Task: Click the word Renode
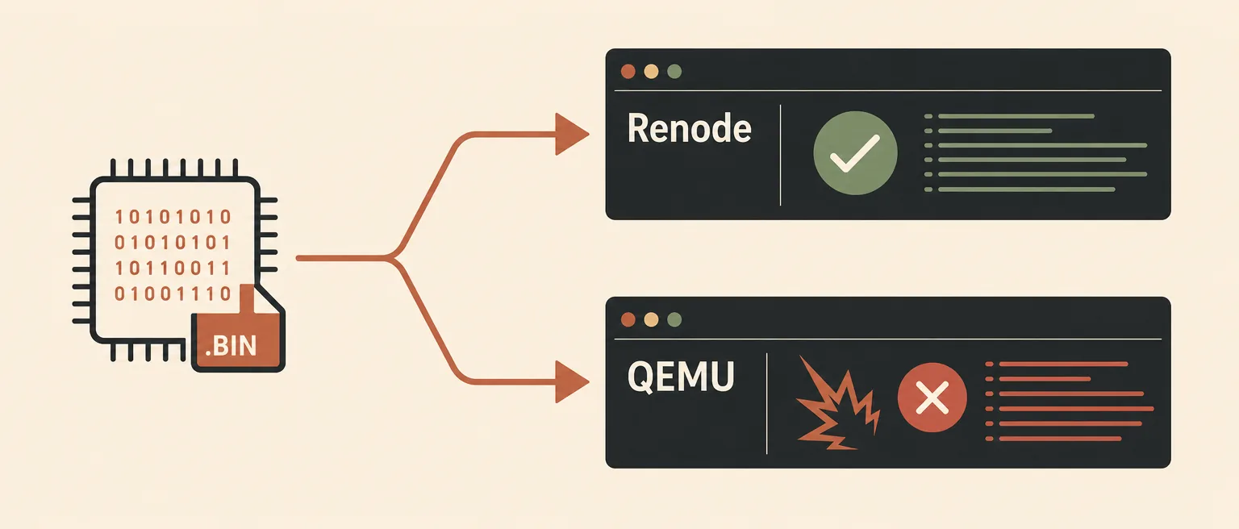point(689,128)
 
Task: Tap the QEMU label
point(681,377)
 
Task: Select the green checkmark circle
point(855,153)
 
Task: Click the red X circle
point(932,398)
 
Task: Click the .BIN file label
point(232,346)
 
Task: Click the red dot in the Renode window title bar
point(628,71)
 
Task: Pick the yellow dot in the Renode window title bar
point(651,71)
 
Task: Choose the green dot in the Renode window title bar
point(674,71)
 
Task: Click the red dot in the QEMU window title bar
point(628,319)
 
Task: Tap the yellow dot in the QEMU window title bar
point(651,319)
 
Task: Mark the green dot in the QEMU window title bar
point(674,319)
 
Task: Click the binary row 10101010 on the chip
point(173,217)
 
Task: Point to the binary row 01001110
point(173,294)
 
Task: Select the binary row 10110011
point(173,268)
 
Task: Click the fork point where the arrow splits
point(390,258)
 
